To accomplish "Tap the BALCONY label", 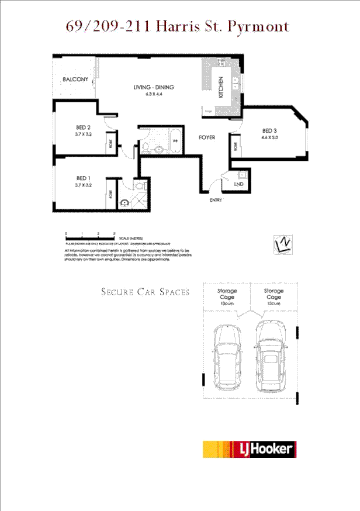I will coord(75,80).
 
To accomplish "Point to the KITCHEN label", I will coord(221,87).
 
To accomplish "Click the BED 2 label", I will coord(83,127).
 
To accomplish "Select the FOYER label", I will coord(206,138).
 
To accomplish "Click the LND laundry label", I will coord(238,184).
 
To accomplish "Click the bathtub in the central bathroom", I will coord(176,141).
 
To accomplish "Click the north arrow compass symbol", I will coord(283,244).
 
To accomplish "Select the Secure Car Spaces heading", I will coord(145,292).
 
